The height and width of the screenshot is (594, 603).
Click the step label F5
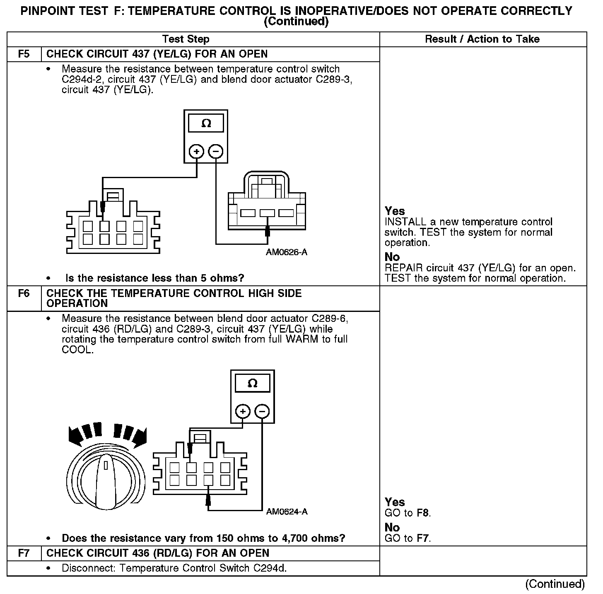[x=24, y=54]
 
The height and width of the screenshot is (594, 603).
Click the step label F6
[x=24, y=294]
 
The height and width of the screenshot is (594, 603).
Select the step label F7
[x=24, y=553]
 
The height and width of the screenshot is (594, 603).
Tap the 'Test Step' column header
[x=186, y=39]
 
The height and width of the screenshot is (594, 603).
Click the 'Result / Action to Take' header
[x=482, y=39]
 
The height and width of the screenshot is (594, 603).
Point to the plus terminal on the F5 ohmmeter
[x=197, y=152]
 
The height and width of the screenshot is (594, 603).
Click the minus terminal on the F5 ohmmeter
[x=215, y=152]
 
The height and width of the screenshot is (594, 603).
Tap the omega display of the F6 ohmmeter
[x=252, y=383]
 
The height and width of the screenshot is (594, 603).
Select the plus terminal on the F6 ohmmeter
[x=243, y=411]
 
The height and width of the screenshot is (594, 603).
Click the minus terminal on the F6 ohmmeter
[x=262, y=411]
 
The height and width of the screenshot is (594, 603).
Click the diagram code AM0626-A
[x=287, y=252]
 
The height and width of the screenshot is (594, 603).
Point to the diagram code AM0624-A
[x=287, y=512]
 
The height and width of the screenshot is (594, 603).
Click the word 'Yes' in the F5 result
[x=395, y=211]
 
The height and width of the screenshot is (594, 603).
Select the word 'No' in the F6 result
[x=392, y=528]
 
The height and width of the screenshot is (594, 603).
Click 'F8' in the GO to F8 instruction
[x=423, y=513]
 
